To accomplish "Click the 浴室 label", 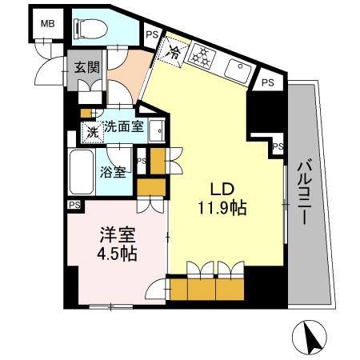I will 113,171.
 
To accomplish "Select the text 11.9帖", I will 222,209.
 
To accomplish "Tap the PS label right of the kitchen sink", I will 269,82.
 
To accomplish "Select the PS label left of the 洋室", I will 74,205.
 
